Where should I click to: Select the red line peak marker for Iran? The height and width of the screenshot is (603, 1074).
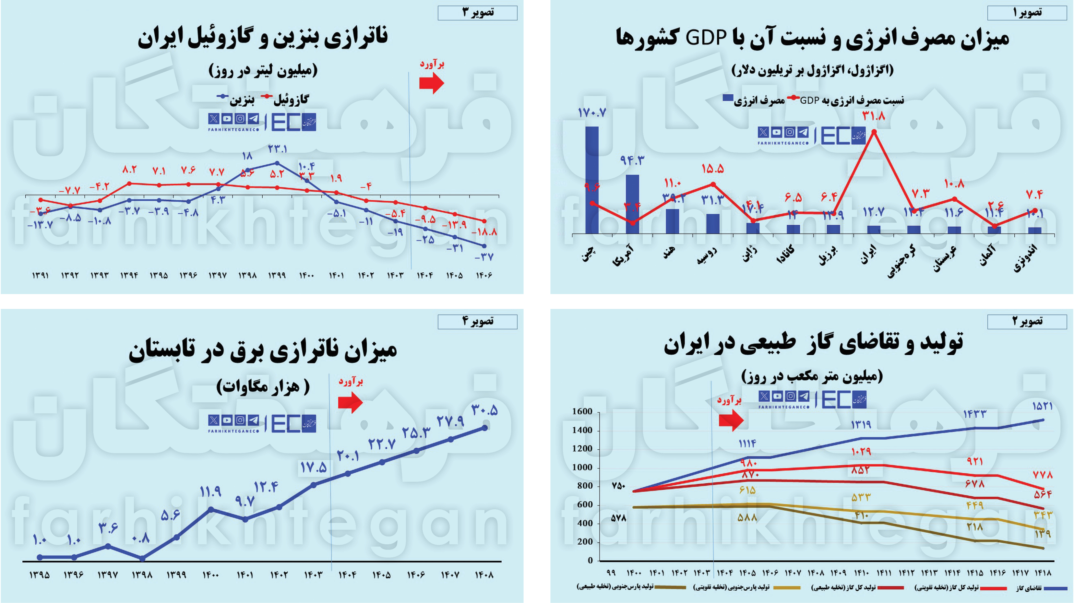(874, 132)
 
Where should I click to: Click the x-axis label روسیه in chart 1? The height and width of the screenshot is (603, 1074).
(707, 255)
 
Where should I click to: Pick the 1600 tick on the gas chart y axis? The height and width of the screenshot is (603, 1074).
(582, 412)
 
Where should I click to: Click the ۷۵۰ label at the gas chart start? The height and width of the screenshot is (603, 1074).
(618, 486)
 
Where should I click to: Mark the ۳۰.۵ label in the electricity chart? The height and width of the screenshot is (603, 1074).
(485, 410)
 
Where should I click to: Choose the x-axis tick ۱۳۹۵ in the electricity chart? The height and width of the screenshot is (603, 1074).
(40, 575)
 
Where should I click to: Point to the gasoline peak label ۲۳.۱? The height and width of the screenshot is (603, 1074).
(277, 149)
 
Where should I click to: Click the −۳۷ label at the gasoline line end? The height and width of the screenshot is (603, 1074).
(484, 257)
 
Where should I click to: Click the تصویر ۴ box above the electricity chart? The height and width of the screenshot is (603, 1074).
(477, 321)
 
